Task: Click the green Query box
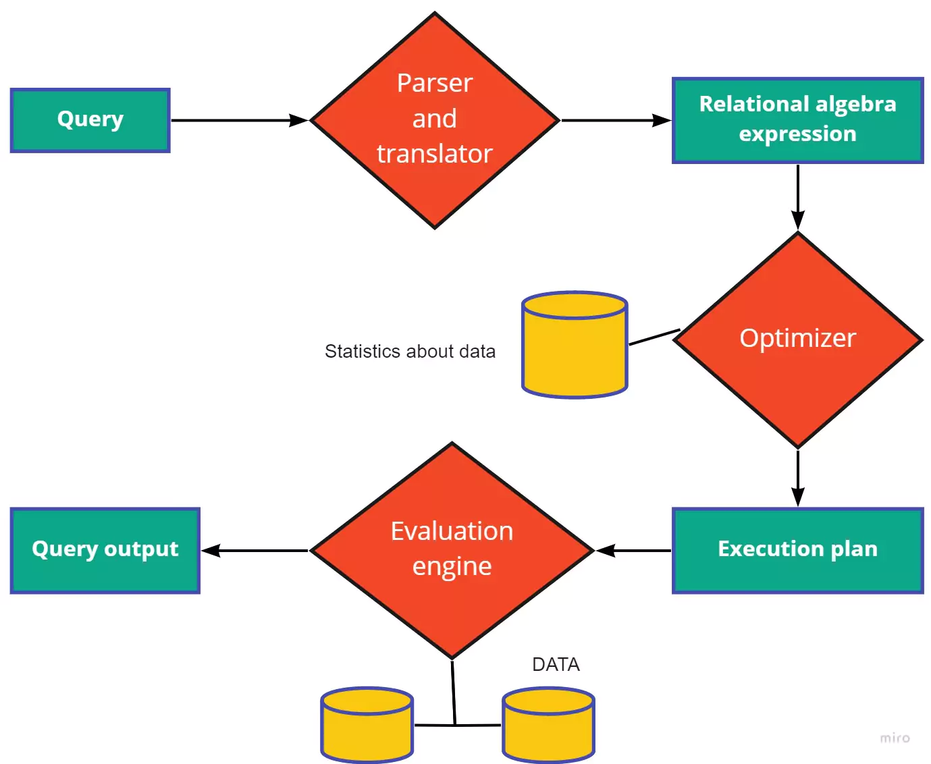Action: (90, 120)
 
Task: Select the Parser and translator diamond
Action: (435, 120)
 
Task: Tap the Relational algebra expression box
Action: (797, 120)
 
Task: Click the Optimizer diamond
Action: (797, 339)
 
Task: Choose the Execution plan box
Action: (797, 550)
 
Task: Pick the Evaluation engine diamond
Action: (452, 550)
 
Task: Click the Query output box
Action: (105, 550)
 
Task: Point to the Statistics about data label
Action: (410, 352)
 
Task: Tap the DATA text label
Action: (556, 665)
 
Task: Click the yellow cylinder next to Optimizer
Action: (575, 346)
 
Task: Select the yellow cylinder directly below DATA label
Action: (548, 726)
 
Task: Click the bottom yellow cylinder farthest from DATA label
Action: (367, 726)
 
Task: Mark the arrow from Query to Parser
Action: (239, 120)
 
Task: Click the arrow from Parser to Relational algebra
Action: (616, 120)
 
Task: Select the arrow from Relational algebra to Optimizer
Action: (797, 196)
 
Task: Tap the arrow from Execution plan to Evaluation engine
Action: (633, 551)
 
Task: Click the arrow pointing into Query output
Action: (255, 551)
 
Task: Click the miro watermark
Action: (895, 738)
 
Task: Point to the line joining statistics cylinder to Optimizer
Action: (654, 337)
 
